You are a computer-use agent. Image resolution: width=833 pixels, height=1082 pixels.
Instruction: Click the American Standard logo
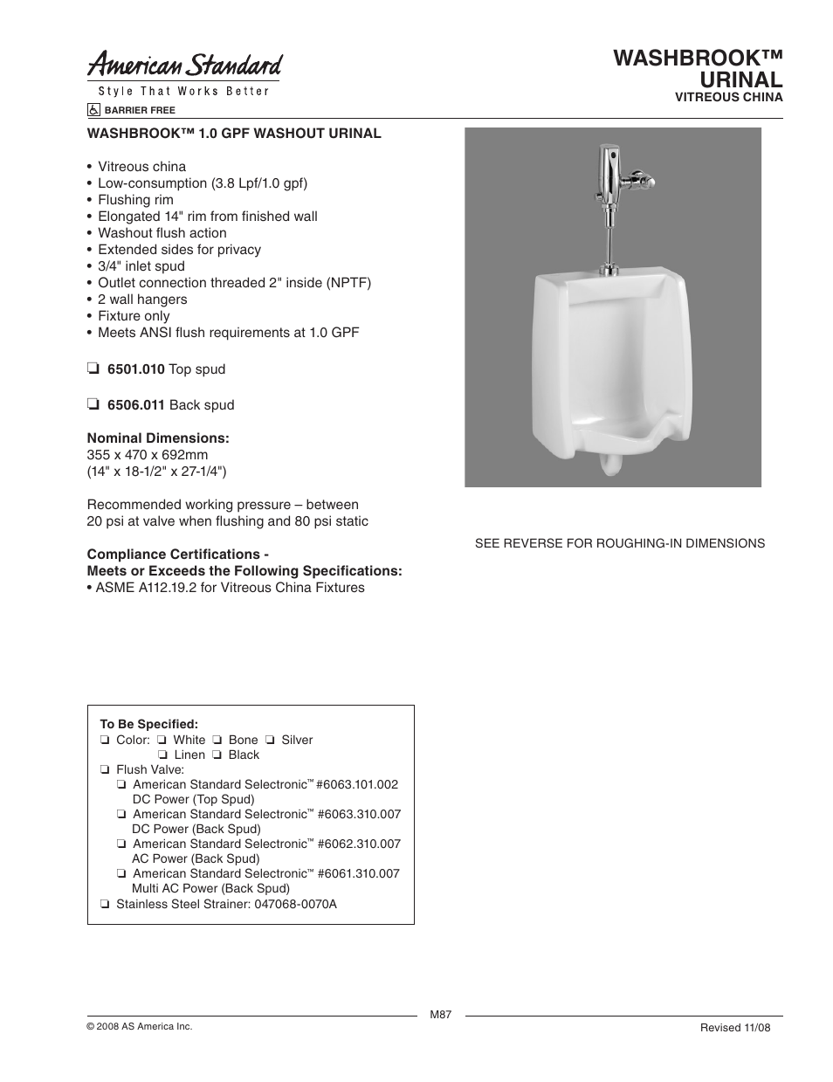(184, 65)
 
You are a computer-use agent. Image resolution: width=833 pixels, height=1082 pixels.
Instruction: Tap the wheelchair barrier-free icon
(93, 111)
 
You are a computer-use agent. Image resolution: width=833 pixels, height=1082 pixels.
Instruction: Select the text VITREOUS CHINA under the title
(728, 97)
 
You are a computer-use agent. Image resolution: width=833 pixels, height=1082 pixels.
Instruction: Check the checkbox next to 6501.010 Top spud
(93, 369)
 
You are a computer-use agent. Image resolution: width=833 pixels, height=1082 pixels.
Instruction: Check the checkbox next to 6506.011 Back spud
(93, 405)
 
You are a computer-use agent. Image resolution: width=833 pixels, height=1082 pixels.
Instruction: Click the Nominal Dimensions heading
(158, 438)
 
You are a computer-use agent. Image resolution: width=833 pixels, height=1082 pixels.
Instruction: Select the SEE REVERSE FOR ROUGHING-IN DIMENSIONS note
(619, 543)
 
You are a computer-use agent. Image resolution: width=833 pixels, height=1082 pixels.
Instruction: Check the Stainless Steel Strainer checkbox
(105, 905)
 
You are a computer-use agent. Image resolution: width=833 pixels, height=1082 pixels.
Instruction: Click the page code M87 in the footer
(441, 1015)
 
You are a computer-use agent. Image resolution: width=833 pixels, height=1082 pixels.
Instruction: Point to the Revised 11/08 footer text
(735, 1028)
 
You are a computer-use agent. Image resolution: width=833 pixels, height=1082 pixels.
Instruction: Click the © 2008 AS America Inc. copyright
(139, 1027)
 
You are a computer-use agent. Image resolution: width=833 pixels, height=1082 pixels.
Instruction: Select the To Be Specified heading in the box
(149, 724)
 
